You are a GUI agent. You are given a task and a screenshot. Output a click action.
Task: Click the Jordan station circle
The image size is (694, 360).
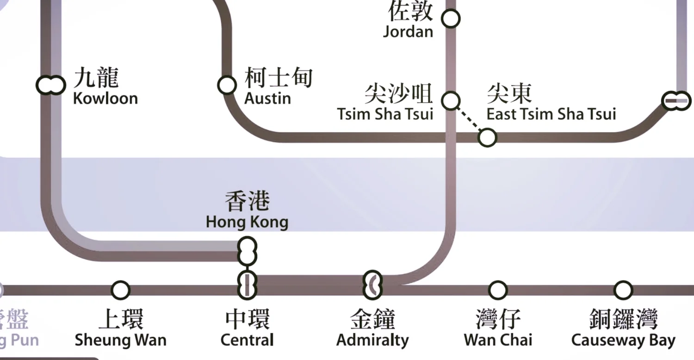coord(451,19)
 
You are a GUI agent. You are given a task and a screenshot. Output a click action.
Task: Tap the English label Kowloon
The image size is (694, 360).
coord(105,99)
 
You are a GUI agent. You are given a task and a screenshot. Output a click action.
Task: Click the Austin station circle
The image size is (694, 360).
coord(227,85)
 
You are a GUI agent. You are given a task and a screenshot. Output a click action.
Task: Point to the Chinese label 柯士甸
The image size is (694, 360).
coord(279,78)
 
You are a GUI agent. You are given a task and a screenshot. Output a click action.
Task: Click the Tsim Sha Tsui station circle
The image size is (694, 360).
coord(451,100)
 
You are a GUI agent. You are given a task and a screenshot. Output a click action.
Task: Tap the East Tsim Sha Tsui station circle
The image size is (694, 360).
coord(487,137)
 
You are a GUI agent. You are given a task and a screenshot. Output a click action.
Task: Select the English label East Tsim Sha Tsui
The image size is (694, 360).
coord(551,114)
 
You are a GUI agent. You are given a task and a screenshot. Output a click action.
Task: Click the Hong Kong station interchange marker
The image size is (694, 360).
coord(247,251)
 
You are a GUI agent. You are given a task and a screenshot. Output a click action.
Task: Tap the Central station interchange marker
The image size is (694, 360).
coord(247,285)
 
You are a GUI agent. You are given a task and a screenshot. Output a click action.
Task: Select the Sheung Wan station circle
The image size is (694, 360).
coord(120,290)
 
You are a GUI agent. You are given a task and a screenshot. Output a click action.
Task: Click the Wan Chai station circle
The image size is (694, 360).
coord(497,290)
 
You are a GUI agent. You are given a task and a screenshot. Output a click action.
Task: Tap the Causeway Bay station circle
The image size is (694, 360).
coord(623,290)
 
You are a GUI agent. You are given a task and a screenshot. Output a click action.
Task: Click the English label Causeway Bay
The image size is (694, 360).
coord(623,341)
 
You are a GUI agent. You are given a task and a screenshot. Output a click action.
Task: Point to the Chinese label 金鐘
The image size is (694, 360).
coord(372,319)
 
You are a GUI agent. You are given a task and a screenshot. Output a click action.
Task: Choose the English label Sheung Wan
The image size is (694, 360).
coord(120,341)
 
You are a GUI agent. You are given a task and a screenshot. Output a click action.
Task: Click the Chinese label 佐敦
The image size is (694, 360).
coord(410,11)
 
